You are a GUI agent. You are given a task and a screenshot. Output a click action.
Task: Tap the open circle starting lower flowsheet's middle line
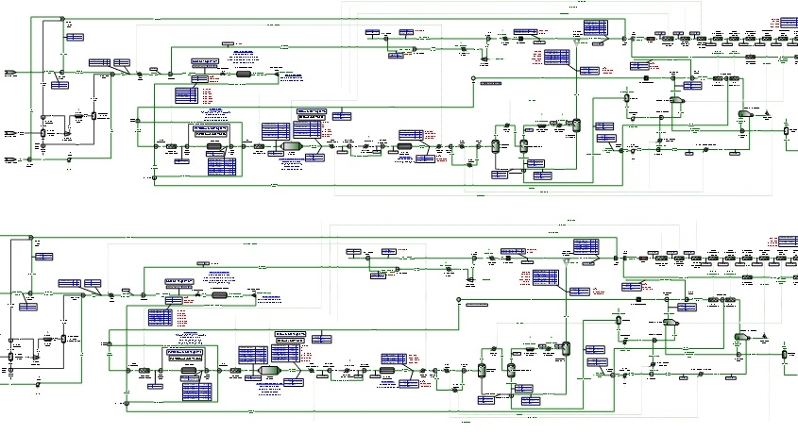(458, 301)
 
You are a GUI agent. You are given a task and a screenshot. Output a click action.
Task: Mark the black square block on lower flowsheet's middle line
(639, 301)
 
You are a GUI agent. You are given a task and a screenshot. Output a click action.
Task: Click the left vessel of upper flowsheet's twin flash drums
(494, 145)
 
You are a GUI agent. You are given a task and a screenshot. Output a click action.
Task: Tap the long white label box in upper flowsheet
(490, 83)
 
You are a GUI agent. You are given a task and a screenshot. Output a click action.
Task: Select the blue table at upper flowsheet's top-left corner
(75, 37)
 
